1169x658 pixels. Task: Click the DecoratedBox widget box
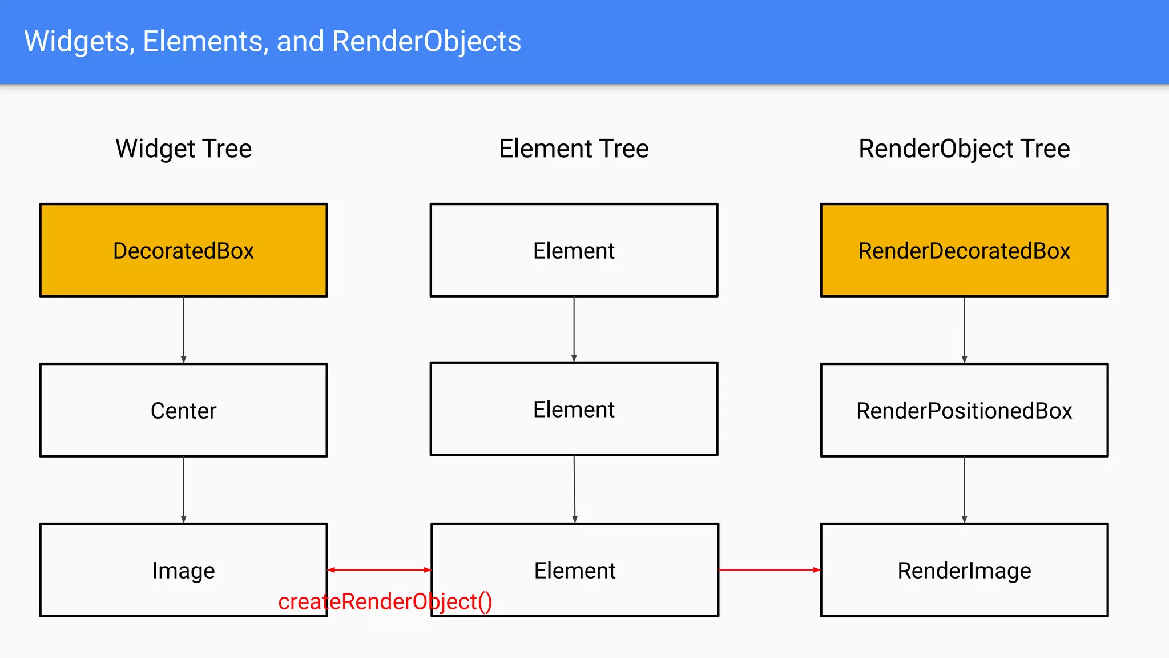[x=183, y=250]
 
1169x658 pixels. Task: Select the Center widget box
[x=183, y=410]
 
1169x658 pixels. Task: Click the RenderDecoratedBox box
[x=964, y=250]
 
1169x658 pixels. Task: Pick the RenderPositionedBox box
[x=964, y=410]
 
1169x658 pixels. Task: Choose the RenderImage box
[x=964, y=570]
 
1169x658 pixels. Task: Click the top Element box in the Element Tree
[x=574, y=250]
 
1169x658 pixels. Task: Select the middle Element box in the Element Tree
[x=574, y=409]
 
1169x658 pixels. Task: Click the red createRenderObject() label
[x=385, y=601]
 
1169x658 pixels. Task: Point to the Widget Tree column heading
[x=183, y=149]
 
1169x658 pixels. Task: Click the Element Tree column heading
[x=574, y=149]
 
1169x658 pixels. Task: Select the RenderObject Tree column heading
[x=964, y=149]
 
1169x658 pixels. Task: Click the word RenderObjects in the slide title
[x=426, y=42]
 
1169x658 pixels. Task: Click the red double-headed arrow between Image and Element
[x=379, y=570]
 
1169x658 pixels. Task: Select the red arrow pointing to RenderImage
[x=769, y=570]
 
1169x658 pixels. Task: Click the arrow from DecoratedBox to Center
[x=183, y=330]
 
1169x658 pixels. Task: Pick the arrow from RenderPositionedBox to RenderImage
[x=964, y=490]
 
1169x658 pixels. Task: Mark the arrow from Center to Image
[x=183, y=490]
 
